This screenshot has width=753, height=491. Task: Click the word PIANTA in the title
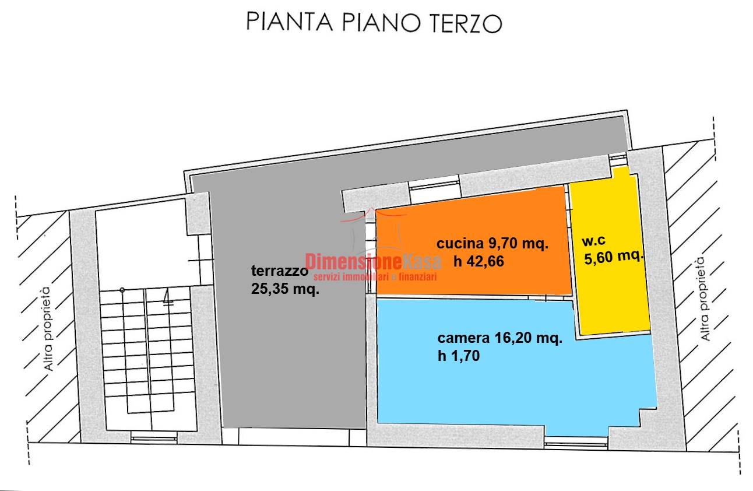point(290,22)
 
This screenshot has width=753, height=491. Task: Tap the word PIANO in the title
point(381,22)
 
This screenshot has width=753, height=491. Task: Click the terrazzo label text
point(280,271)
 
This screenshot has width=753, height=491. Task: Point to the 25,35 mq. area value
point(285,289)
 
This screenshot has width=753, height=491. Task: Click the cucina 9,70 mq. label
point(492,243)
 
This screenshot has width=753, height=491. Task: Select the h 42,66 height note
point(478,261)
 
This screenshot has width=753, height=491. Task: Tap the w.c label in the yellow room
point(594,240)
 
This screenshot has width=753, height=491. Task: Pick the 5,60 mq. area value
point(614,257)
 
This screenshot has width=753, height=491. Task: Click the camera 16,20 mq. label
point(499,338)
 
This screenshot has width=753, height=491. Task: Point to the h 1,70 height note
point(459,356)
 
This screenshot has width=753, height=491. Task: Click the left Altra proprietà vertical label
point(47,329)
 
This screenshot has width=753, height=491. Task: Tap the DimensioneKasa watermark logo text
point(373,261)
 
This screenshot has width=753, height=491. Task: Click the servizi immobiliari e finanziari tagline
point(375,277)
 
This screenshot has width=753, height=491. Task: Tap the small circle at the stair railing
point(122,290)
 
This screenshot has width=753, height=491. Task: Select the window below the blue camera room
point(576,444)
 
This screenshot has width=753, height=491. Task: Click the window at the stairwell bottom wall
point(154,439)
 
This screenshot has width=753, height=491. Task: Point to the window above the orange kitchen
point(435,185)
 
